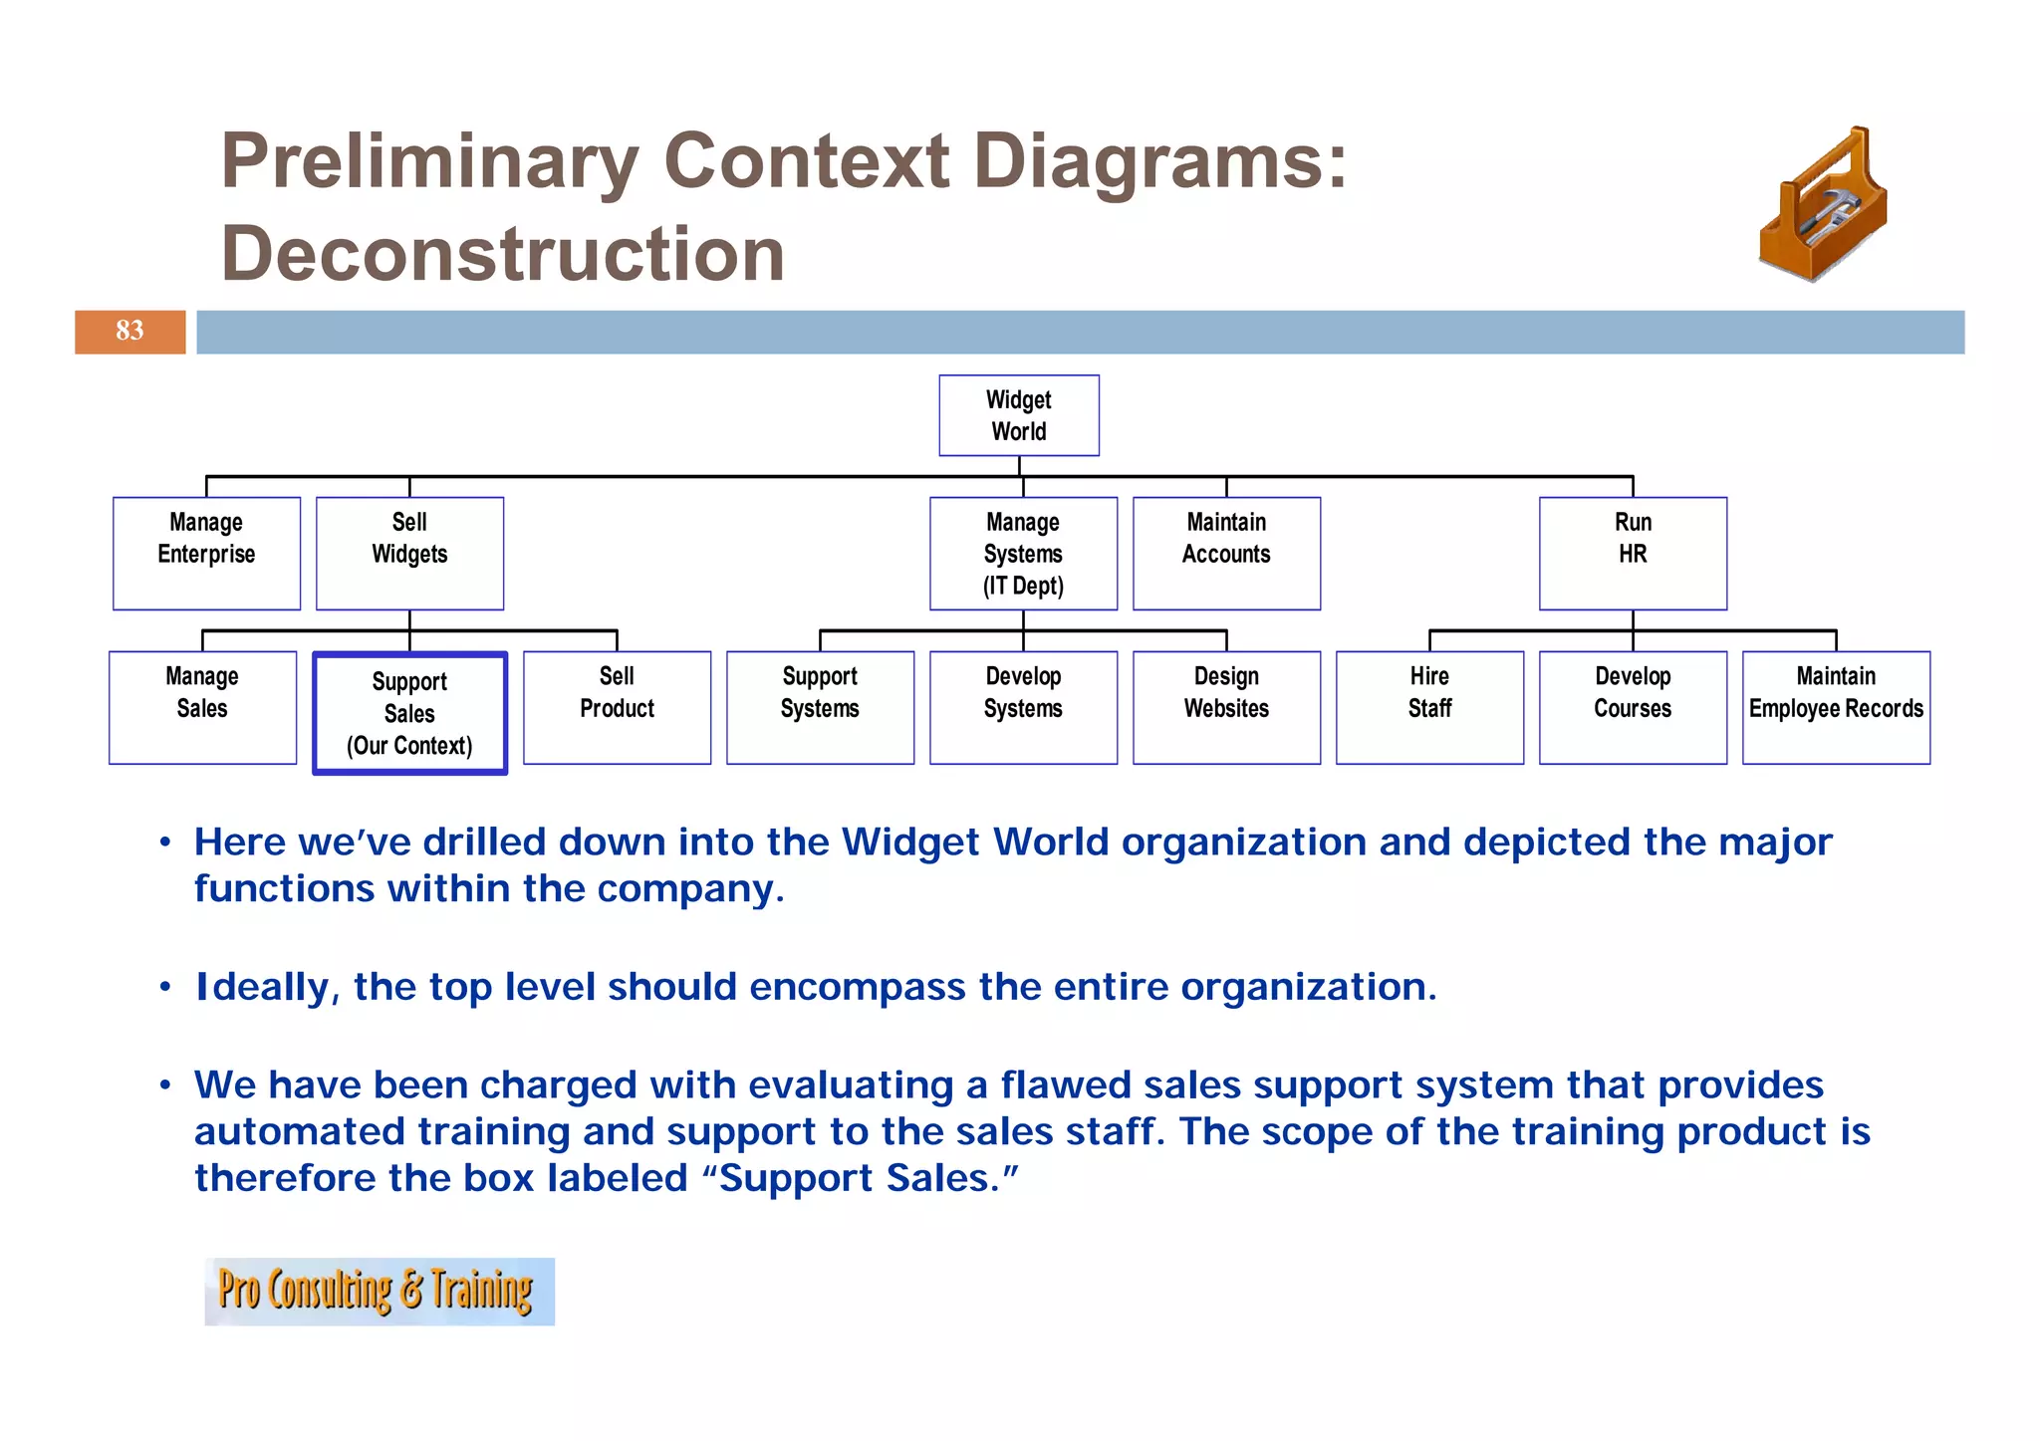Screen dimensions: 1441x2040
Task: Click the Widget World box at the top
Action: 1018,415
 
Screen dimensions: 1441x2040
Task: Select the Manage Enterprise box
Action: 206,553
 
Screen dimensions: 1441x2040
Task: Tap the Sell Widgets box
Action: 409,553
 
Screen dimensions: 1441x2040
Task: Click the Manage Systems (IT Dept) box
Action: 1023,553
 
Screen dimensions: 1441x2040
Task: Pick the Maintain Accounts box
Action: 1226,553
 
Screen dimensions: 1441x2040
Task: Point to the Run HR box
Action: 1633,553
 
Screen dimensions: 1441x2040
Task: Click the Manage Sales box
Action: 202,707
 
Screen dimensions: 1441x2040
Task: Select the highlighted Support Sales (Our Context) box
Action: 409,713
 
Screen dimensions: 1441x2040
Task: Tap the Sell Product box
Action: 617,707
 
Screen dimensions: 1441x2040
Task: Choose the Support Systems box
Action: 820,707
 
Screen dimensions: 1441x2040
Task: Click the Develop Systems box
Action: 1023,707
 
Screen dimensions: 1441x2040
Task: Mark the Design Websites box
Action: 1226,707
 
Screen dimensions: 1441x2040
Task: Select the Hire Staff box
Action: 1429,707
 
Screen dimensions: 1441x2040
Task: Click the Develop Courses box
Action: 1633,707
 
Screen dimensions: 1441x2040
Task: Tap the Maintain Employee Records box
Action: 1836,707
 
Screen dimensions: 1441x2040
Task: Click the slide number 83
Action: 129,331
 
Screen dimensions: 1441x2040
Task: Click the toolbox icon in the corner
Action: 1823,204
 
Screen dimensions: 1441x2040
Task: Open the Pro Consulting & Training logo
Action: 379,1291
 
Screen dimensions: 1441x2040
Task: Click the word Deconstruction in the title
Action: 502,254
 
